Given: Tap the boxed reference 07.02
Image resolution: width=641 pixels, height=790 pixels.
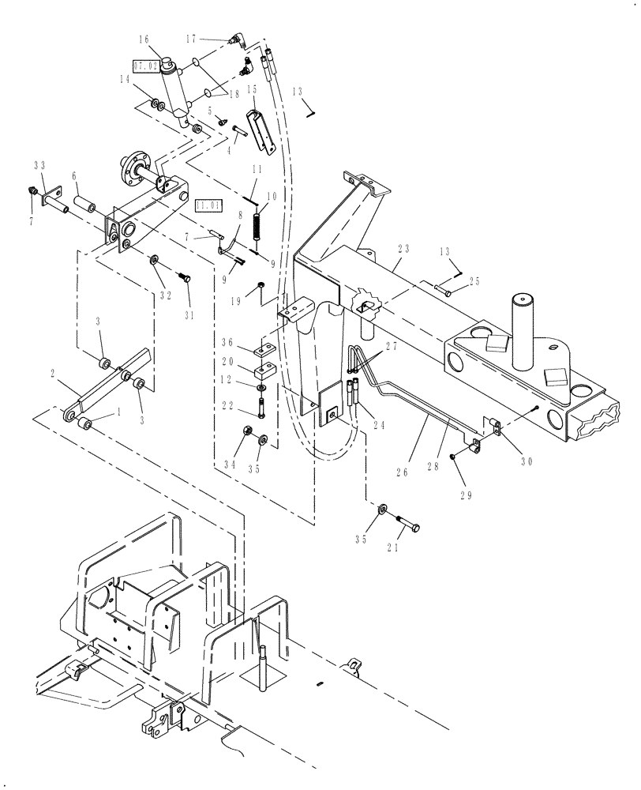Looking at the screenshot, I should pyautogui.click(x=146, y=66).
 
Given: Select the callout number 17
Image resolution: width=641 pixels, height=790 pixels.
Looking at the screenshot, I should pyautogui.click(x=192, y=37).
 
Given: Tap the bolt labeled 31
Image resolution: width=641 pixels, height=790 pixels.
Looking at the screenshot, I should pyautogui.click(x=187, y=278).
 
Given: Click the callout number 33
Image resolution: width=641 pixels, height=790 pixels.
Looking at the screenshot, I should pyautogui.click(x=39, y=166).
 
